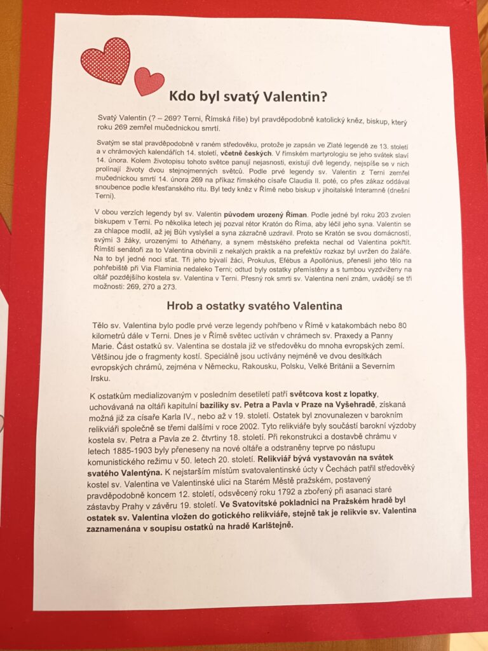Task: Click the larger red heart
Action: (105, 60)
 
